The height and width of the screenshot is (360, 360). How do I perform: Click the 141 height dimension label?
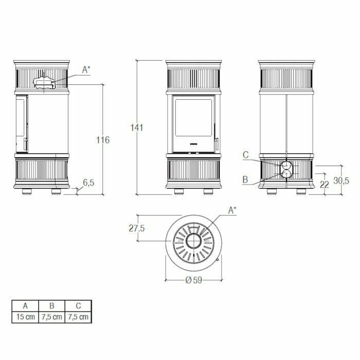click(x=136, y=128)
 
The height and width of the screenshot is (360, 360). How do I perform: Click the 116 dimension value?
click(x=103, y=139)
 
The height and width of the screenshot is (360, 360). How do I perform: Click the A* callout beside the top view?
click(x=232, y=210)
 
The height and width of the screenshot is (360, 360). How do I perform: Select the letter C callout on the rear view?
click(x=246, y=154)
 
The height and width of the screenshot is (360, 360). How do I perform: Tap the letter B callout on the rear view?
click(x=246, y=179)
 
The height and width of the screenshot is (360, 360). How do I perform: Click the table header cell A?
click(x=25, y=305)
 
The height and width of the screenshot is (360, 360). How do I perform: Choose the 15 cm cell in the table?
click(x=25, y=317)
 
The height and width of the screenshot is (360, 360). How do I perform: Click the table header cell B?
click(x=51, y=305)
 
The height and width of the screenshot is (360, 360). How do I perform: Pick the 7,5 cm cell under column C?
click(x=78, y=317)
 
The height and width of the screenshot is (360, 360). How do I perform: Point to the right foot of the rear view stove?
click(x=300, y=192)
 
